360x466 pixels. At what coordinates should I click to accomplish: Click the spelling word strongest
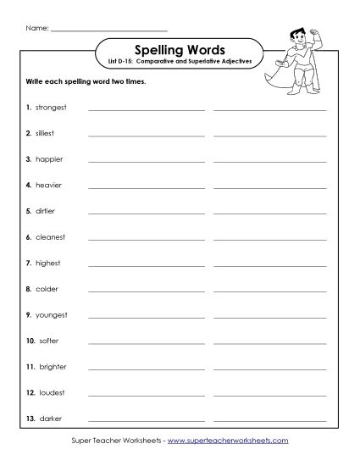(x=51, y=108)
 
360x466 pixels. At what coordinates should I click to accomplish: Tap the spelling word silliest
(x=47, y=133)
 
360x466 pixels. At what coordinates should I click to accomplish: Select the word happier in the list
(x=49, y=159)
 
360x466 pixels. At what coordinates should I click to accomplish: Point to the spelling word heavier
(x=49, y=185)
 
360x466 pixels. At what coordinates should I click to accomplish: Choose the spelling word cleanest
(x=50, y=237)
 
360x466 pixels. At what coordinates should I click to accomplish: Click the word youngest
(x=51, y=315)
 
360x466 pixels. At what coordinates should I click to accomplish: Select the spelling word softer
(x=47, y=341)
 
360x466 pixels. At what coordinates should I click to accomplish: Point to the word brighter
(x=52, y=367)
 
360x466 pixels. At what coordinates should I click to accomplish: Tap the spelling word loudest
(x=50, y=392)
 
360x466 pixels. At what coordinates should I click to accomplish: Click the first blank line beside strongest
(x=146, y=109)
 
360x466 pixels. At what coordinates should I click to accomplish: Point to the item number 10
(x=30, y=341)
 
